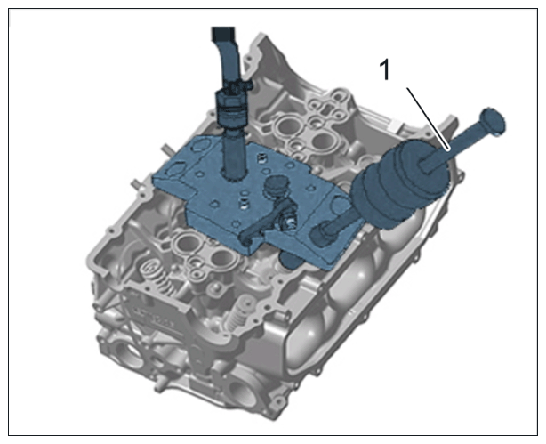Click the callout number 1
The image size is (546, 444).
385,70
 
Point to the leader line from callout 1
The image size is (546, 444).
429,119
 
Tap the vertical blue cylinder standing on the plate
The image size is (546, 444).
234,153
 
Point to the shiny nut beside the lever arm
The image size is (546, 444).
290,222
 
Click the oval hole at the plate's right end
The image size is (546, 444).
340,205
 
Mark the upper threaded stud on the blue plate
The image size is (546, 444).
261,159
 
